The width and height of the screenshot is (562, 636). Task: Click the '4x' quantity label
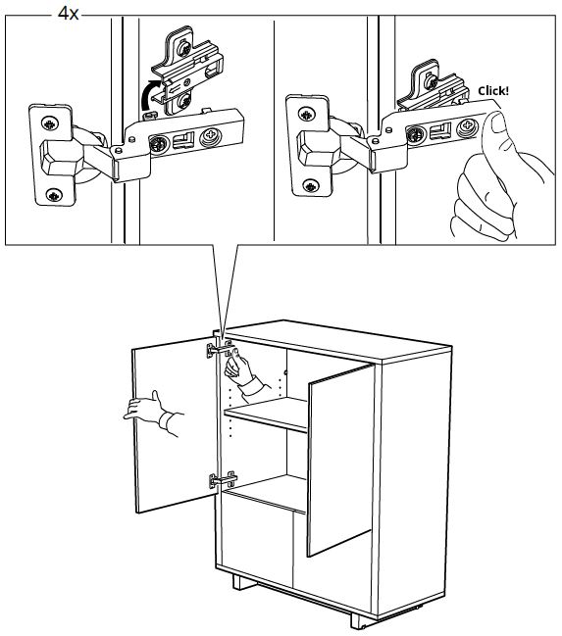(x=69, y=14)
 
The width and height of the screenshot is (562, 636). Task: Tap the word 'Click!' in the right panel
(x=493, y=91)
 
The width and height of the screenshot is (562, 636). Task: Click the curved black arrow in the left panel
(x=150, y=94)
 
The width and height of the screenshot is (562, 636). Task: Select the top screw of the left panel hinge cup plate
(x=50, y=123)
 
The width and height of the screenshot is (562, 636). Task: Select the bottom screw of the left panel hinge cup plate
(x=54, y=195)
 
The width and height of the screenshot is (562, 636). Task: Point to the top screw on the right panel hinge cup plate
(x=307, y=114)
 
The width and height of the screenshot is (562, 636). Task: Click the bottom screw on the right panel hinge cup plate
(x=311, y=186)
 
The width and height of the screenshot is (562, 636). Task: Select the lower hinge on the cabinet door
(x=223, y=480)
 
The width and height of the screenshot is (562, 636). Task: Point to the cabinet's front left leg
(x=243, y=582)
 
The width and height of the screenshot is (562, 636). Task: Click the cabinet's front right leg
(x=360, y=620)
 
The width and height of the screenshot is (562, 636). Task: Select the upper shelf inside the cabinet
(x=266, y=414)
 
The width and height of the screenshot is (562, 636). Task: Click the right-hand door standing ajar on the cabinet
(x=340, y=460)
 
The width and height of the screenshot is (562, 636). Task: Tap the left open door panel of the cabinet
(x=176, y=425)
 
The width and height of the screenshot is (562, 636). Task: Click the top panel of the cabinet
(x=337, y=340)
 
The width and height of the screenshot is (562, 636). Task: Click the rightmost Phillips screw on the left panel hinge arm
(x=211, y=135)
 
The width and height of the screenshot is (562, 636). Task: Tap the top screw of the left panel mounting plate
(x=184, y=48)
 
